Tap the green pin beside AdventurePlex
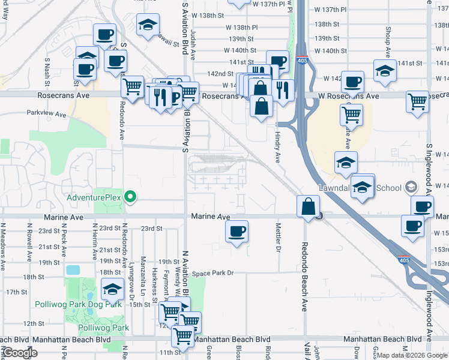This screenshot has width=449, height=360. pyautogui.click(x=130, y=196)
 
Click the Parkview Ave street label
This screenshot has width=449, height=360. pyautogui.click(x=46, y=112)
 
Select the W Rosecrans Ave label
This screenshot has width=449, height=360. pyautogui.click(x=348, y=96)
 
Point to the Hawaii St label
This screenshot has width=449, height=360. pyautogui.click(x=169, y=42)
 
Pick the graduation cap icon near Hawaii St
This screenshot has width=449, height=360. pyautogui.click(x=148, y=25)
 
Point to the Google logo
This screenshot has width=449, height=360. pyautogui.click(x=21, y=353)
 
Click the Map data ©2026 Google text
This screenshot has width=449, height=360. pyautogui.click(x=412, y=355)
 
